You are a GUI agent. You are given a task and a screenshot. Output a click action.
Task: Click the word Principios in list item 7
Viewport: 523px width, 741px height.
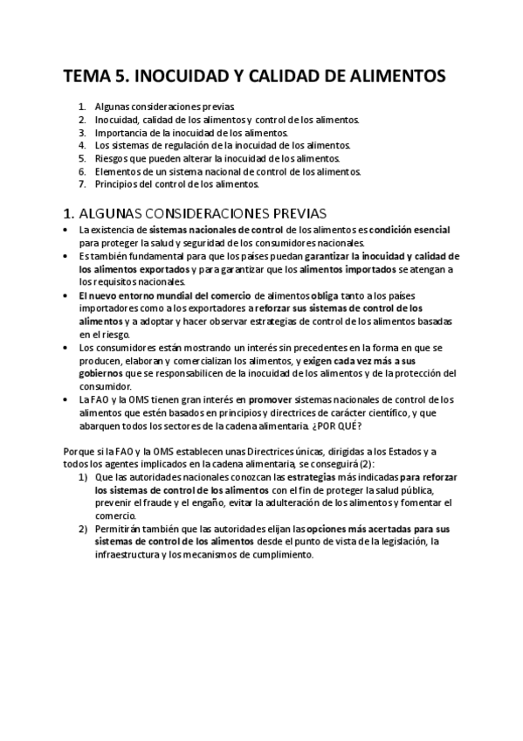point(116,184)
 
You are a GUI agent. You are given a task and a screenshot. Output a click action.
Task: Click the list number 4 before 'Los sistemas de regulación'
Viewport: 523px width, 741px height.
point(81,145)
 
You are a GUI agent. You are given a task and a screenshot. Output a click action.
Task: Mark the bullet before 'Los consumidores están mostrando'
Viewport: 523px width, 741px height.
point(67,347)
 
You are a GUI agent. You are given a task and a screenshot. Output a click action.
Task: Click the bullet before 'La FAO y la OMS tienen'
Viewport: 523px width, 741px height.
point(67,399)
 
